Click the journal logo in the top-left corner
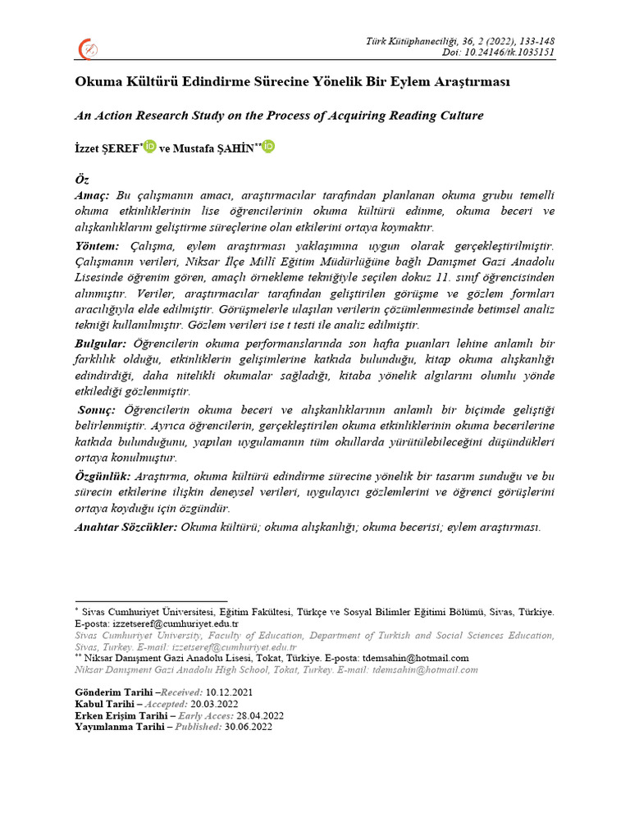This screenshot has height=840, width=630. (88, 50)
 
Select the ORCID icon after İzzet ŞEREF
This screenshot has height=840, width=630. (149, 147)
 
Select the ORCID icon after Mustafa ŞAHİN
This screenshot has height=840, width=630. (269, 147)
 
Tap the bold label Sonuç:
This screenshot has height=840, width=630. (98, 409)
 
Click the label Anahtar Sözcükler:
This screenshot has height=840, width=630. (126, 527)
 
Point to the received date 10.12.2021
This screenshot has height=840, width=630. (230, 692)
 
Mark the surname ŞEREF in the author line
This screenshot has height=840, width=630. (122, 148)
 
